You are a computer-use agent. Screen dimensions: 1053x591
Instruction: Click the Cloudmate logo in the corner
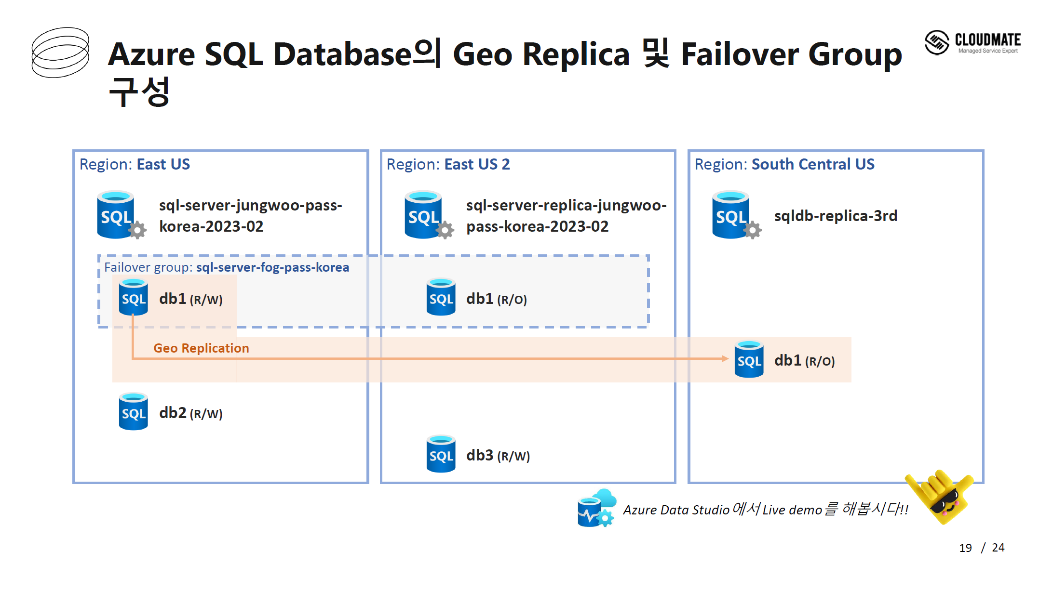pos(972,42)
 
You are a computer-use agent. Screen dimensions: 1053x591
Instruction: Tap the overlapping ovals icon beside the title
pos(60,53)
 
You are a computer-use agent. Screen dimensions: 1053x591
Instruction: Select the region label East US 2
pos(477,164)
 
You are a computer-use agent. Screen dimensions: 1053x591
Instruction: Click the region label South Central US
pos(813,164)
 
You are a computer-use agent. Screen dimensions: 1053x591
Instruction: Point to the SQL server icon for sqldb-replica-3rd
pos(736,215)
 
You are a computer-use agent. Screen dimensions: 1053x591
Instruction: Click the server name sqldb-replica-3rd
pos(836,216)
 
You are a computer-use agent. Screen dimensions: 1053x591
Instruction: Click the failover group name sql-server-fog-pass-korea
pos(272,267)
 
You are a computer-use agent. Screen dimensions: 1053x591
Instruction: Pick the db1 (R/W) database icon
pos(134,297)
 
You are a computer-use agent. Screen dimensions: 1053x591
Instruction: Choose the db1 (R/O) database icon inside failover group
pos(441,297)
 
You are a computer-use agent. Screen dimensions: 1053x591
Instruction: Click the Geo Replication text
pos(201,348)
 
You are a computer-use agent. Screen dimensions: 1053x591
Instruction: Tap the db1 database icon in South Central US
pos(749,359)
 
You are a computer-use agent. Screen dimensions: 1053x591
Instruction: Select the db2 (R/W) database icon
pos(134,411)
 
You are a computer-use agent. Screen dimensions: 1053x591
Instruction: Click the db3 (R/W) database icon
pos(441,454)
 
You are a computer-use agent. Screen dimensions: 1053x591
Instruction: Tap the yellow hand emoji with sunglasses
pos(940,497)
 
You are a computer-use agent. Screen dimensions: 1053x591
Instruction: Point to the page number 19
pos(965,548)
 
